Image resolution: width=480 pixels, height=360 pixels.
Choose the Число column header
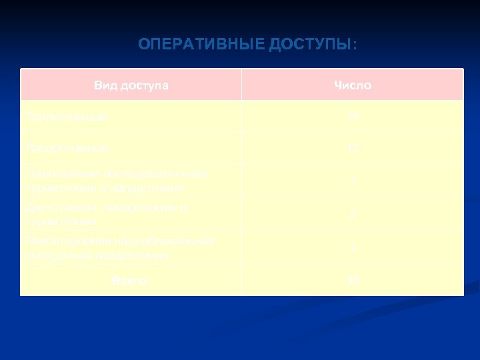pos(353,85)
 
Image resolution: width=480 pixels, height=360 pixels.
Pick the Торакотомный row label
pos(65,117)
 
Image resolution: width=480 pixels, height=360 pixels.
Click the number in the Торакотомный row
pos(353,117)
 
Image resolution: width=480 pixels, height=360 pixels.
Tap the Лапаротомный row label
pos(65,147)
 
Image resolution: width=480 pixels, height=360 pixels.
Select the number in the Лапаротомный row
pos(353,147)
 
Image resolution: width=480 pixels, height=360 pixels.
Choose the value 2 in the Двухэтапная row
pos(353,215)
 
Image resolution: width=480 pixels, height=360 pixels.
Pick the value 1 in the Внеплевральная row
pos(353,248)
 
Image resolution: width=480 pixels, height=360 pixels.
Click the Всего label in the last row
pos(130,281)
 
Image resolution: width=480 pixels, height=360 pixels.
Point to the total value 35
pos(353,281)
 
